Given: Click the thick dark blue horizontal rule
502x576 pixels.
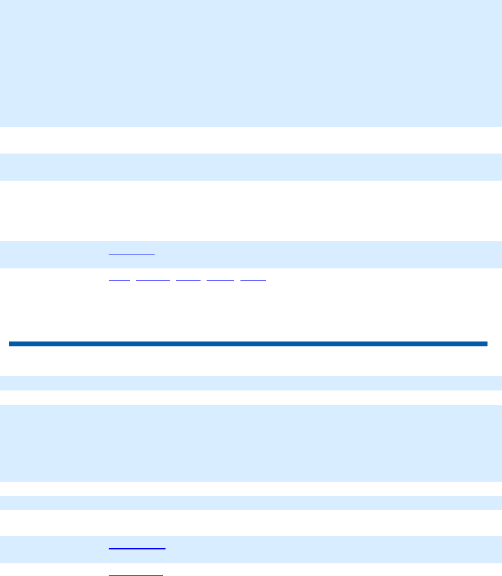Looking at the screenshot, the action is point(248,344).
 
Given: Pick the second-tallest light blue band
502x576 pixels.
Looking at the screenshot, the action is point(251,443).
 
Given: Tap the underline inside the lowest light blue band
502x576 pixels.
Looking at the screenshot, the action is point(137,548).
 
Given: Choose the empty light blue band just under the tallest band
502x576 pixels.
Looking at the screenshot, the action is point(251,167).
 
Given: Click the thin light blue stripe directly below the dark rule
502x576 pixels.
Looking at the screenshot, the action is point(251,383).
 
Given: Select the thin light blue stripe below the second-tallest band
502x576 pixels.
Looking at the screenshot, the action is point(251,503).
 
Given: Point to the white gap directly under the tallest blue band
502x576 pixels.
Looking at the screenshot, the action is point(251,140).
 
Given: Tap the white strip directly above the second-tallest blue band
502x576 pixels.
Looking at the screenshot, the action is point(251,398).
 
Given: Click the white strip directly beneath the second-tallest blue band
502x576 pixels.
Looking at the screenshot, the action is point(251,488).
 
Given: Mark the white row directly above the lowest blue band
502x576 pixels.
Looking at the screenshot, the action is point(251,523).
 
